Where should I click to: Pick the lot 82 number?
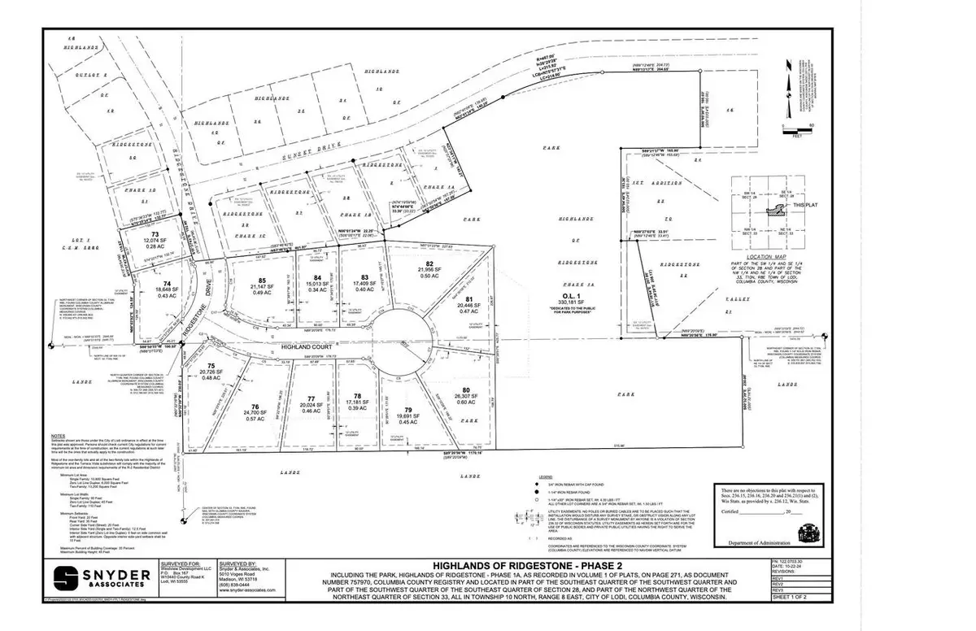(429, 263)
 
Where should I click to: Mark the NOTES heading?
(59, 436)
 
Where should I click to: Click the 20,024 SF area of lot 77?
(311, 406)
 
